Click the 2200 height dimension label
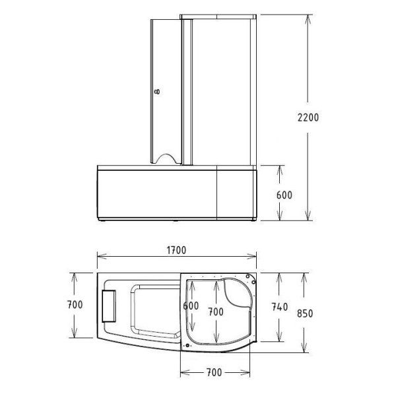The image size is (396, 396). coord(308,117)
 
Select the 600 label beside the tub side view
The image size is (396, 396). coord(284,195)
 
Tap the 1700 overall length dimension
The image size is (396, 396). coord(176,250)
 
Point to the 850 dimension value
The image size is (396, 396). coord(305,313)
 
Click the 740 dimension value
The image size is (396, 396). coord(280,307)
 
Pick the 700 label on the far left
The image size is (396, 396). coord(75,304)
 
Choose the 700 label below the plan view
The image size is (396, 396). coord(214,372)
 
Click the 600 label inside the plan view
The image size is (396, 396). coord(191,306)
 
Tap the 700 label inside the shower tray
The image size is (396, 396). coord(216,312)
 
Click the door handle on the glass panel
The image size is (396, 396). coord(157,92)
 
